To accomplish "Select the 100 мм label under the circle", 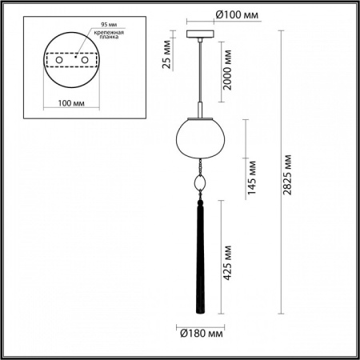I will tap(72, 103).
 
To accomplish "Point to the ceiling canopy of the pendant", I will tap(198, 34).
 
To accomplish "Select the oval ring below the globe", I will tap(199, 183).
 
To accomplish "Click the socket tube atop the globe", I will tap(198, 110).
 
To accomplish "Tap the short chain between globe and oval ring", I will tap(199, 166).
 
